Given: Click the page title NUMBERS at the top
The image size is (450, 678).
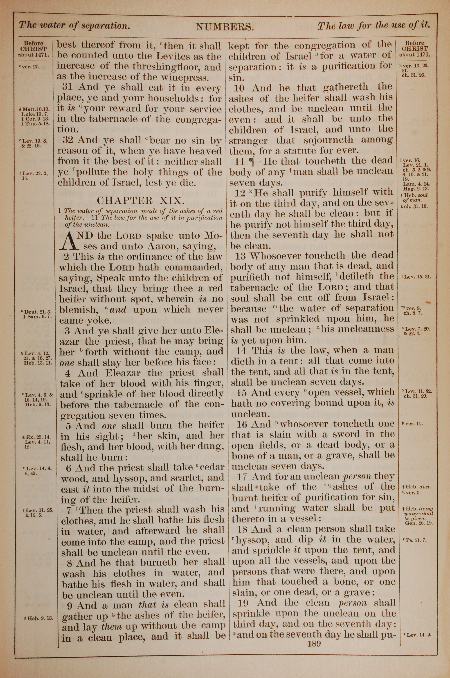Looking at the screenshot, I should click(224, 27).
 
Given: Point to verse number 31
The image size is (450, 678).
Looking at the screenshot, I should click(68, 87).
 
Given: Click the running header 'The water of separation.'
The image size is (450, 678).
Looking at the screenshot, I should click(74, 25).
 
